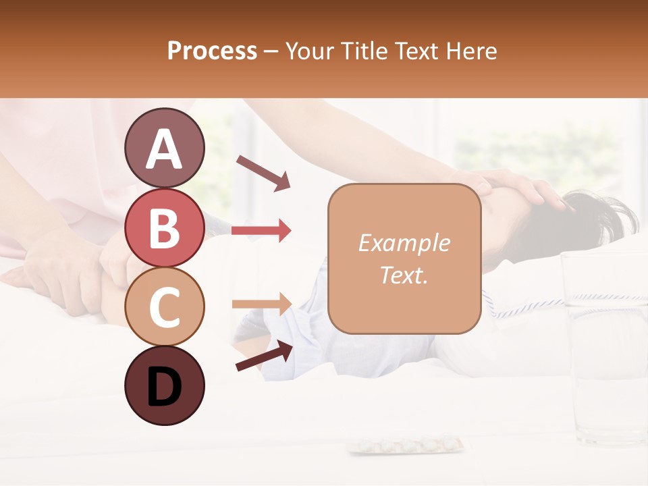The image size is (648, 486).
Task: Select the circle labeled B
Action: [x=164, y=227]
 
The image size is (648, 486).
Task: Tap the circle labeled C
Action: [x=164, y=306]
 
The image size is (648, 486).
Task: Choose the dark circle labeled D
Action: [x=164, y=386]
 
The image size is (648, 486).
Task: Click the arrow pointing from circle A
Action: [x=264, y=173]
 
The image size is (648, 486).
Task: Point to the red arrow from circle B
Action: [x=261, y=231]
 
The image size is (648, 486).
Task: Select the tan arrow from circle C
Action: [x=261, y=304]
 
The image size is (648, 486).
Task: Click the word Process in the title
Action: [x=212, y=51]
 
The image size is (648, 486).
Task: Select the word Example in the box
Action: [x=404, y=243]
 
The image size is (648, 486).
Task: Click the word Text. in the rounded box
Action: [x=404, y=275]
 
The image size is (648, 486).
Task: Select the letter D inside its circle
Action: [x=164, y=387]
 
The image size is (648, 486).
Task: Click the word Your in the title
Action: [x=309, y=51]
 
